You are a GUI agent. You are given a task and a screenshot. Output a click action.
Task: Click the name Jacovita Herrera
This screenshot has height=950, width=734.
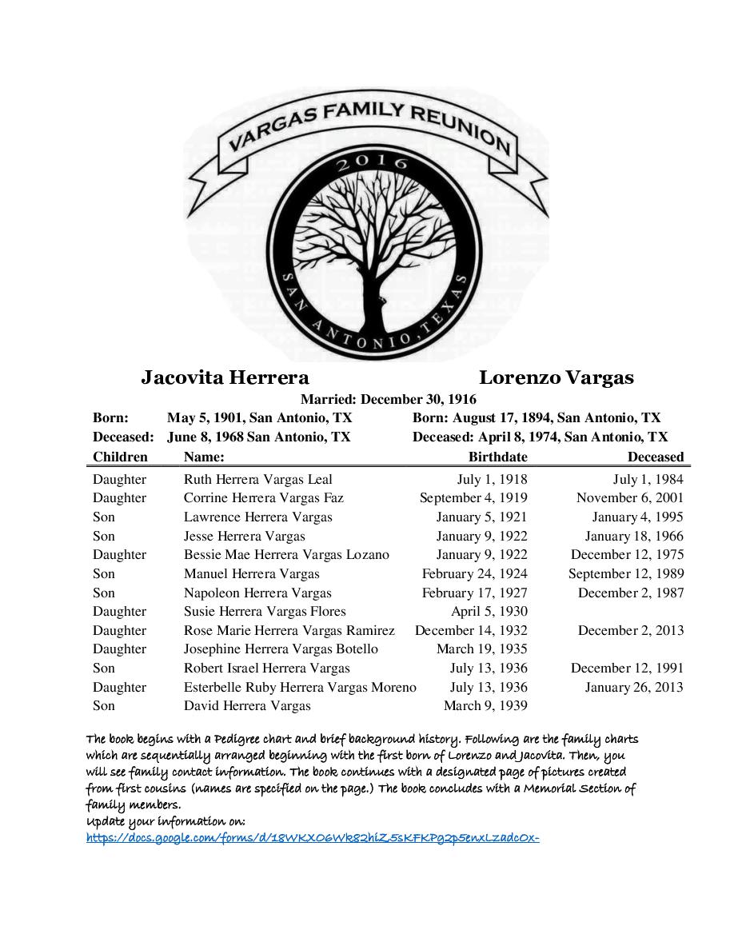point(225,377)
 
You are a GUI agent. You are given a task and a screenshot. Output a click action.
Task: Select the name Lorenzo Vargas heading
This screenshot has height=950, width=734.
point(556,377)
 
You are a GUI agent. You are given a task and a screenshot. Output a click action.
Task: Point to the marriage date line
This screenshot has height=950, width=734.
point(388,399)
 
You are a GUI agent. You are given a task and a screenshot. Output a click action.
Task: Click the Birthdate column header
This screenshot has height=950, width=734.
point(497,457)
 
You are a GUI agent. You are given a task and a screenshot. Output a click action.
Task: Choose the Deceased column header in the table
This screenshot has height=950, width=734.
point(655,457)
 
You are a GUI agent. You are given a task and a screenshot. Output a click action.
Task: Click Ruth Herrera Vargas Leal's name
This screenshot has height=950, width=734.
point(257,479)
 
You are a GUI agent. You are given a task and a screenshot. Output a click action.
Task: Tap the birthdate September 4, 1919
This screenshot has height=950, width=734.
point(473,497)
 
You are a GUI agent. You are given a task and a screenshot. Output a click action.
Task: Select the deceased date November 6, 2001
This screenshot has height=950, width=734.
point(630,497)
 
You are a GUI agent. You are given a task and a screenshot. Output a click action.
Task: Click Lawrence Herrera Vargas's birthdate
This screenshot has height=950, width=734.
point(481,517)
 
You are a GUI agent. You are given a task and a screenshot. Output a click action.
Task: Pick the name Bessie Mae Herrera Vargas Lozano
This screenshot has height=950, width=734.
point(286,554)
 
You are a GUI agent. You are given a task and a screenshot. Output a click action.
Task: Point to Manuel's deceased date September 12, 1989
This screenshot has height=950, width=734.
point(626,573)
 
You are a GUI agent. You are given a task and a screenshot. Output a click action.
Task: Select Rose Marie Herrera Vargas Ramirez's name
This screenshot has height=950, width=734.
point(289,630)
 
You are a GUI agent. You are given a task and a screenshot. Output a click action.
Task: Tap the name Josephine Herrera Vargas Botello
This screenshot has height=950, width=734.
point(281,649)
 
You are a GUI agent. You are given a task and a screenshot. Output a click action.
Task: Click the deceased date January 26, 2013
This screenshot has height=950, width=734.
point(634,687)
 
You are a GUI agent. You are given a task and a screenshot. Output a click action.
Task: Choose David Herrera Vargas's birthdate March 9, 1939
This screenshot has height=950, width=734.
point(485,705)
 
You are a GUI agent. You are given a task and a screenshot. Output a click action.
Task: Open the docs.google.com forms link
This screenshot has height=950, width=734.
point(313,838)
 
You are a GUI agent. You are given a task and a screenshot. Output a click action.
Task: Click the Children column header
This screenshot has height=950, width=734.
point(120,457)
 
